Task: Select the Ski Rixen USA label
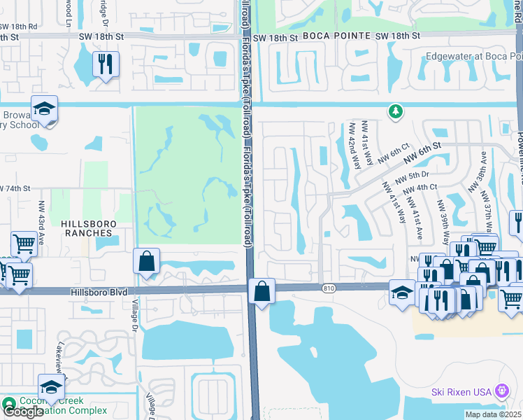[461, 392]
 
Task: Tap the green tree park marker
[396, 111]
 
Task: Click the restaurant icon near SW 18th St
[106, 64]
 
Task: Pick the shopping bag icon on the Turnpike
[261, 291]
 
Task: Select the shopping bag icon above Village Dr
[146, 262]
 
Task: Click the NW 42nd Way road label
[354, 147]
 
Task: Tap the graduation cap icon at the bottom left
[52, 387]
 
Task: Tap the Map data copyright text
[493, 414]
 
